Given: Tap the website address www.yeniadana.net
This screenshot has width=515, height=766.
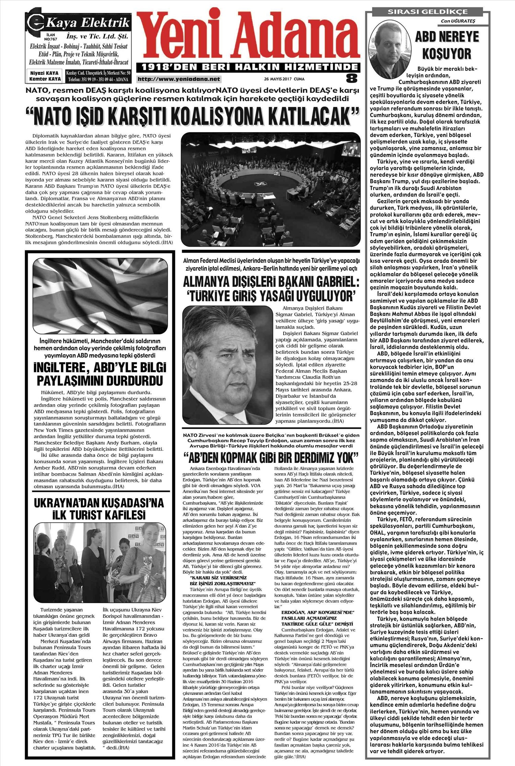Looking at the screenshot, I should pyautogui.click(x=179, y=79).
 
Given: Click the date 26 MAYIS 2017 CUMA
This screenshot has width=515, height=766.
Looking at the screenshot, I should pyautogui.click(x=284, y=79).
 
